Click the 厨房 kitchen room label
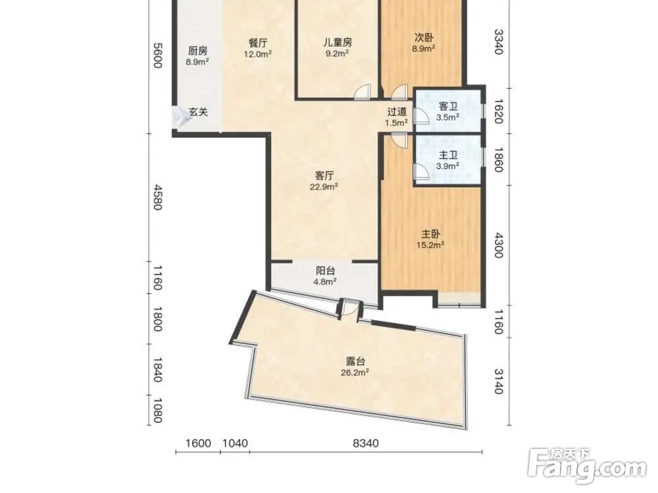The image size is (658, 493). [197, 51]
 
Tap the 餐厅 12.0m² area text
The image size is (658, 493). [258, 54]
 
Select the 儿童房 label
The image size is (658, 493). [338, 42]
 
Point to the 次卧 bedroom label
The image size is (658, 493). [423, 37]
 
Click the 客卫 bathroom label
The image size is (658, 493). [447, 106]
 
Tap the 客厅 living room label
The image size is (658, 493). [324, 176]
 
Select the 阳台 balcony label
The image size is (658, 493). [325, 270]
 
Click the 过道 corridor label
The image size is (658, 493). [397, 112]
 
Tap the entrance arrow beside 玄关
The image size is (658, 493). [182, 116]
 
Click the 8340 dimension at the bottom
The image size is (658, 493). [365, 443]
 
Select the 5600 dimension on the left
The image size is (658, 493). [157, 55]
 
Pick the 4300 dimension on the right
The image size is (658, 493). [498, 245]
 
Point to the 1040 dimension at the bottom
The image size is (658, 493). [235, 443]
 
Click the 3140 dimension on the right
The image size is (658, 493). [498, 381]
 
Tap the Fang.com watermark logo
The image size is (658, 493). [587, 466]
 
